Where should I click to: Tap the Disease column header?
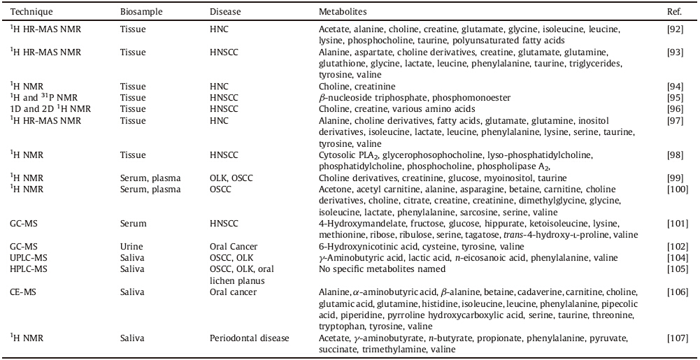click(x=225, y=13)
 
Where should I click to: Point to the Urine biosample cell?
click(x=130, y=247)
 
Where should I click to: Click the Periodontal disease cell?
click(x=249, y=339)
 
